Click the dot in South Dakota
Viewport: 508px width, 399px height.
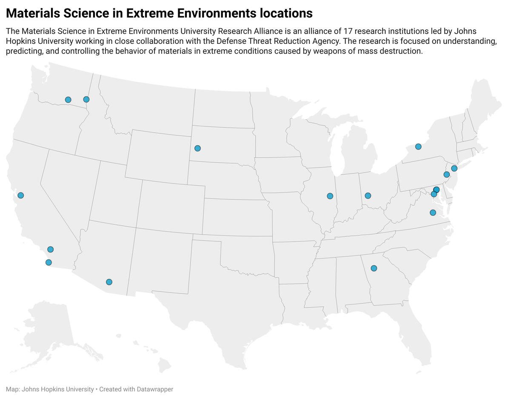(197, 148)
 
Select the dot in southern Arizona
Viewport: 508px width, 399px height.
(109, 282)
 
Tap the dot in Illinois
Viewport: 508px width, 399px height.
(330, 196)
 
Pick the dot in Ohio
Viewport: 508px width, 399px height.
(368, 195)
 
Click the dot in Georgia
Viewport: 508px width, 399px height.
(374, 268)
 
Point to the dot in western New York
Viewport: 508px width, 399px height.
(418, 146)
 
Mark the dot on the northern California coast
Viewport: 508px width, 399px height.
(20, 195)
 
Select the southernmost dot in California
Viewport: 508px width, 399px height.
(49, 262)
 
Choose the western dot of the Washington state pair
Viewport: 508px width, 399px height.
(68, 100)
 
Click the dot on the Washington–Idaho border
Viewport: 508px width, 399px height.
(86, 99)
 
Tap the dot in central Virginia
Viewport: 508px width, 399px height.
(433, 212)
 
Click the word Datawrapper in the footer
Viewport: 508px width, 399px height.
(155, 389)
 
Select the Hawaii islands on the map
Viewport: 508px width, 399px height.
(164, 364)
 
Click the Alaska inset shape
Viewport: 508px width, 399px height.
(47, 328)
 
